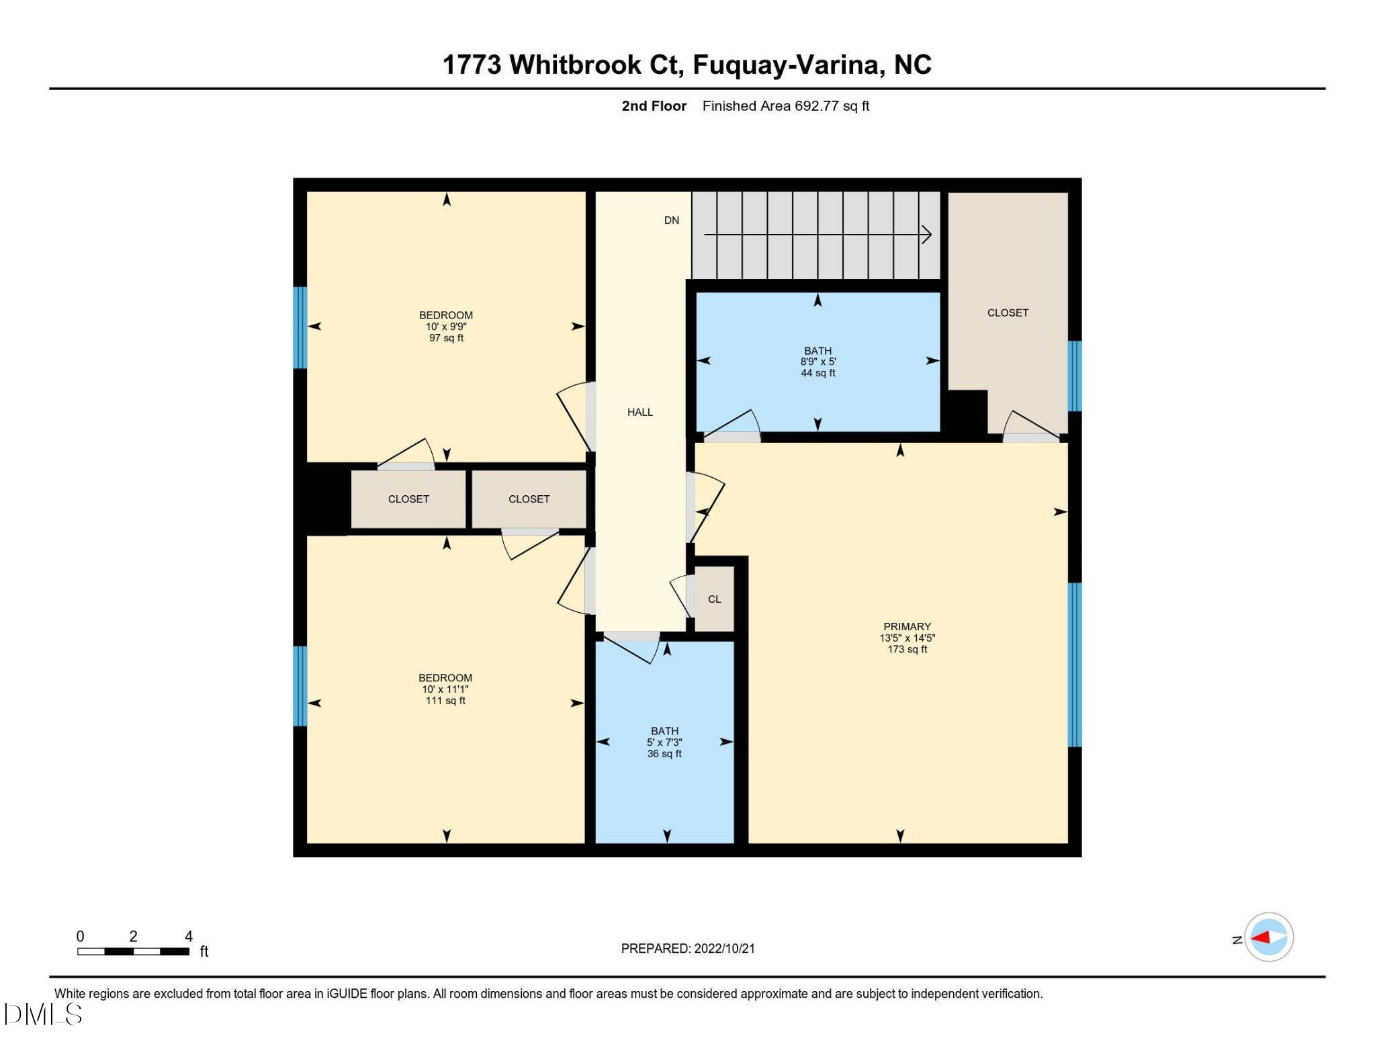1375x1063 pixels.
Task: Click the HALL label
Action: pyautogui.click(x=639, y=412)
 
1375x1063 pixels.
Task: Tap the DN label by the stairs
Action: pyautogui.click(x=671, y=220)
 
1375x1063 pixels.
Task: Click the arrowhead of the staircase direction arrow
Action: pyautogui.click(x=927, y=235)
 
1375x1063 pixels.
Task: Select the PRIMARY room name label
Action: pyautogui.click(x=907, y=626)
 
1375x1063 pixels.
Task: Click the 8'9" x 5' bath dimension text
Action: pyautogui.click(x=817, y=362)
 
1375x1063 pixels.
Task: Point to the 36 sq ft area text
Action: pyautogui.click(x=664, y=754)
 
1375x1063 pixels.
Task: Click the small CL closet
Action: pyautogui.click(x=714, y=599)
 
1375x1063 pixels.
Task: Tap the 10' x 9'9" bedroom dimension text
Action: pyautogui.click(x=446, y=327)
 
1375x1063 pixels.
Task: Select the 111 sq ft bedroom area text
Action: pyautogui.click(x=445, y=701)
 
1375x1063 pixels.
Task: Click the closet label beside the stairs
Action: pyautogui.click(x=1007, y=312)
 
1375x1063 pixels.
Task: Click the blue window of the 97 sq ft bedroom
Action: pyautogui.click(x=300, y=327)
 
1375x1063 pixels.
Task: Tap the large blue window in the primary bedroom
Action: pyautogui.click(x=1075, y=665)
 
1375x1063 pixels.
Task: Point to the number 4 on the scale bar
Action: pyautogui.click(x=189, y=936)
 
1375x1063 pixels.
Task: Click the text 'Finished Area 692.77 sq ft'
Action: pyautogui.click(x=785, y=106)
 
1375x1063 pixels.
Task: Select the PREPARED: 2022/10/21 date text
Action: pyautogui.click(x=687, y=948)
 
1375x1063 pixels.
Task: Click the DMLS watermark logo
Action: pyautogui.click(x=43, y=1014)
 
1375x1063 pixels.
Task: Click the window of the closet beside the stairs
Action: pyautogui.click(x=1075, y=376)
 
